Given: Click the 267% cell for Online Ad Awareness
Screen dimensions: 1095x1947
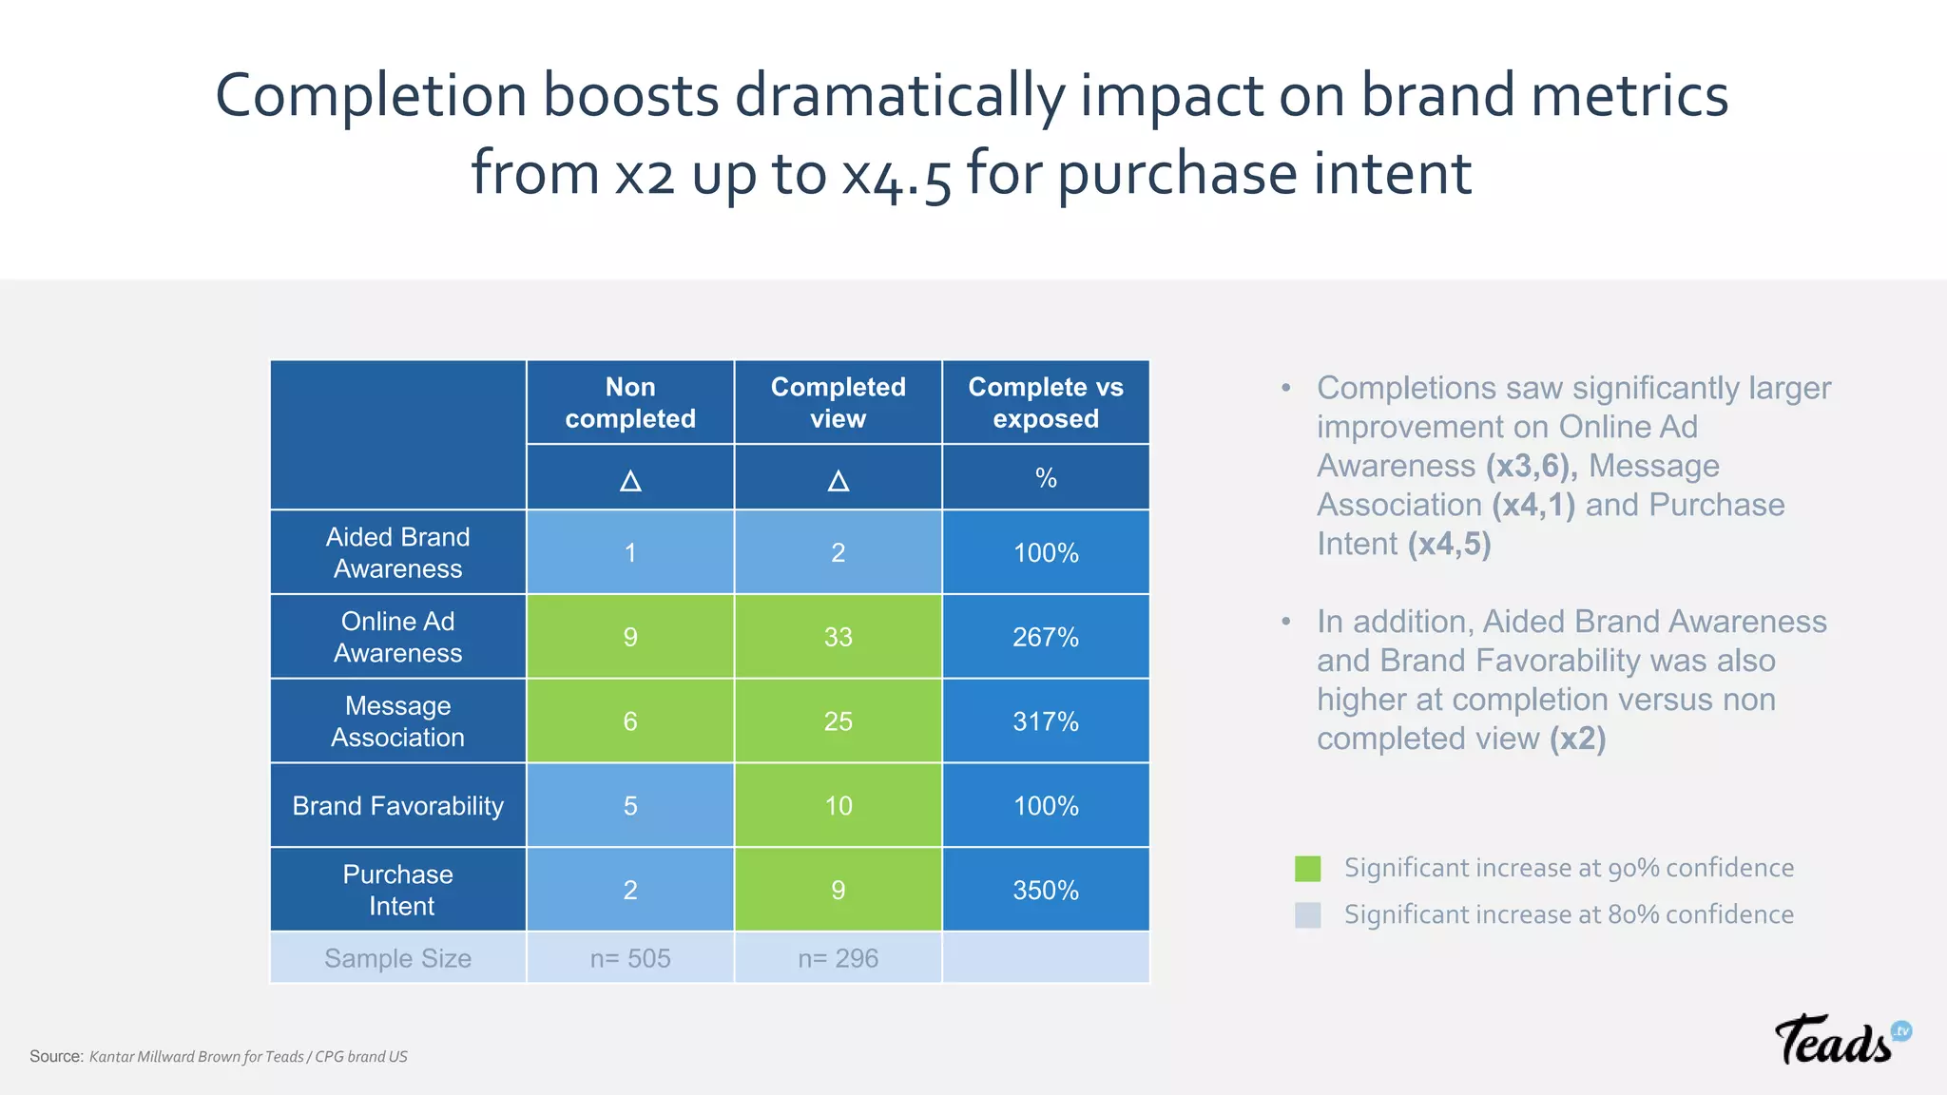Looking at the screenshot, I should coord(1046,637).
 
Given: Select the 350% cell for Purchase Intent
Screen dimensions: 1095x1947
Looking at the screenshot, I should coord(1046,890).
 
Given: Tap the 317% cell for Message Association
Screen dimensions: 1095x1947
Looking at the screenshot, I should coord(1046,721).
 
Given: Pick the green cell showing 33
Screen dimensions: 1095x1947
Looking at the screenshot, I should coord(838,637).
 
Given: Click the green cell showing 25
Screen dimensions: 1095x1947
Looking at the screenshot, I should coord(838,721).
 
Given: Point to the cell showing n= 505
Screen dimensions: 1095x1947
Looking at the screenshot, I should coord(630,958).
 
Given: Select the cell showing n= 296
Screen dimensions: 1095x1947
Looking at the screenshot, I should coord(838,958).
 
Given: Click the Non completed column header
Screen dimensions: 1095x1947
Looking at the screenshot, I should coord(630,402).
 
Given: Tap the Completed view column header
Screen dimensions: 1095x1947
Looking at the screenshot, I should coord(838,402).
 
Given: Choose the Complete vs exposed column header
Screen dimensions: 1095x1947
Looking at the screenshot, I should coord(1046,402).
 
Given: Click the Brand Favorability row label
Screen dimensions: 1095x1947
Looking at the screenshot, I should coord(397,806).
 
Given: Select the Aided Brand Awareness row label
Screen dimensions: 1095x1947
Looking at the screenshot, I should coord(397,552).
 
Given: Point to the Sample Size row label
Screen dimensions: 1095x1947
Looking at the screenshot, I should coord(397,958).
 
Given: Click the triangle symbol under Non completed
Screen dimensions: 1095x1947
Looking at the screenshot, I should coord(630,480).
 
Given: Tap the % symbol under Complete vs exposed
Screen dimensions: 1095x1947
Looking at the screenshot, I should coord(1046,478).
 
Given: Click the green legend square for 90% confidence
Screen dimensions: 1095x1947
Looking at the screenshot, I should coord(1308,868).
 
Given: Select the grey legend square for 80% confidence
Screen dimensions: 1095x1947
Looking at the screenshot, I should coord(1308,914).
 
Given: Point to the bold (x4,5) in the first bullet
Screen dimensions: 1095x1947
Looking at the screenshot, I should coord(1450,545).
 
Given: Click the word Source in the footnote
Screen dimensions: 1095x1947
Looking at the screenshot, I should coord(56,1056).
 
